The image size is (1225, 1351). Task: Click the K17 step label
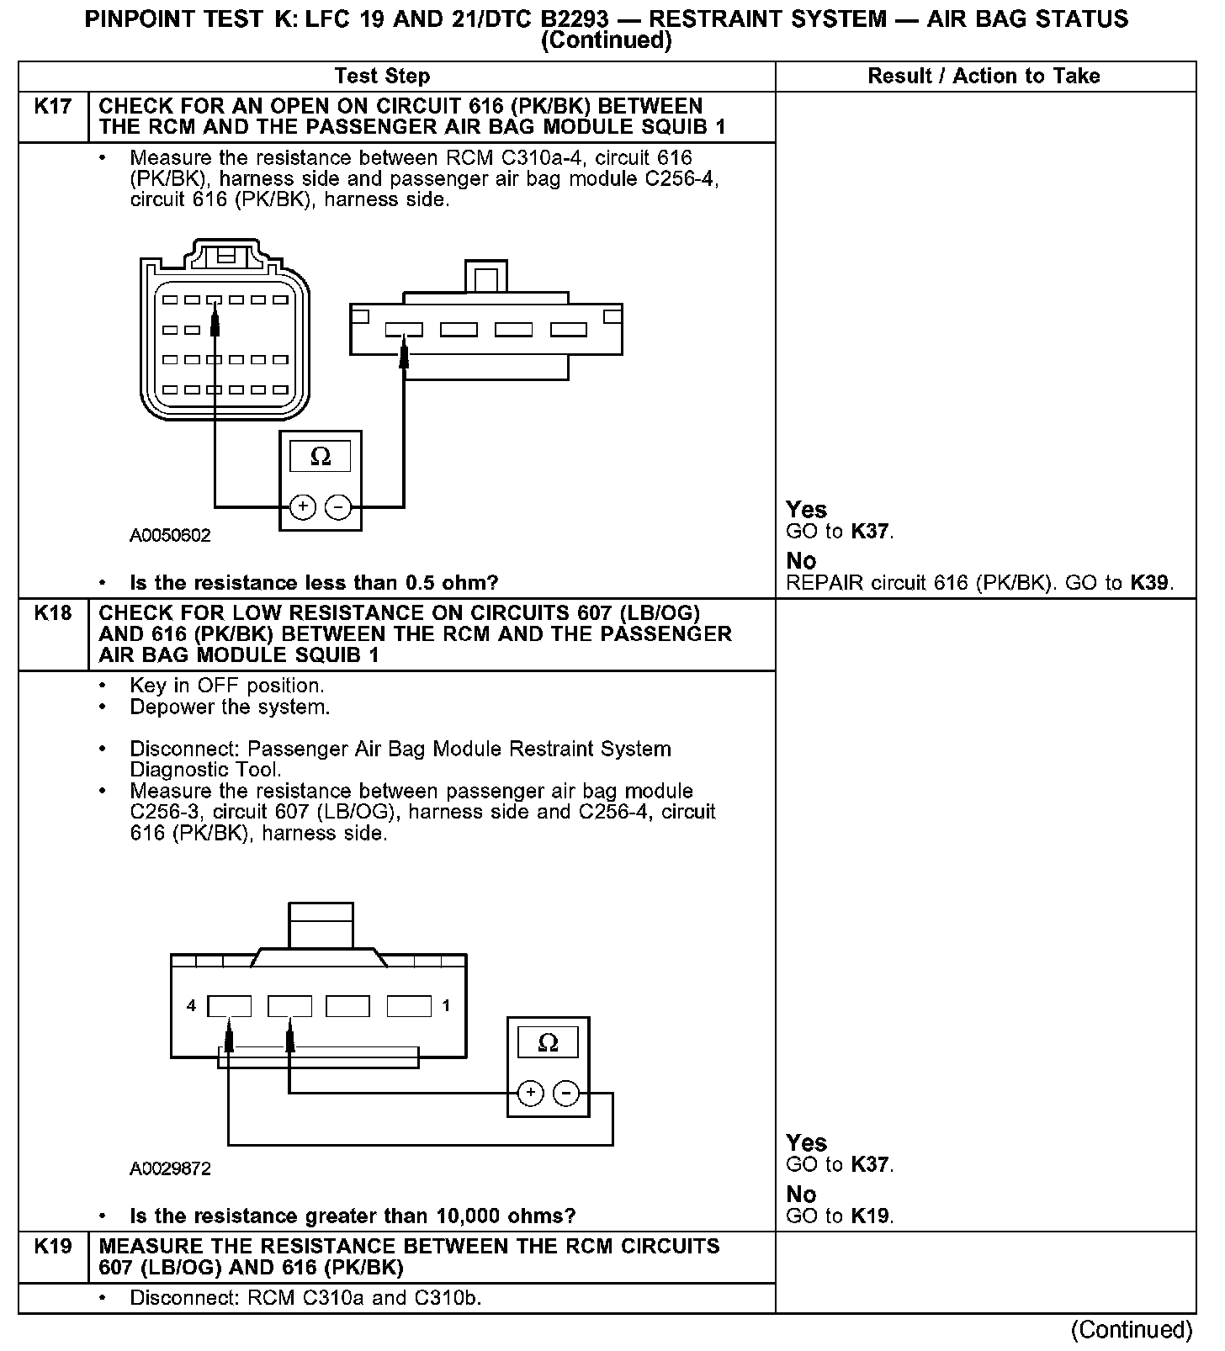53,107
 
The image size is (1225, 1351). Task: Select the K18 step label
53,613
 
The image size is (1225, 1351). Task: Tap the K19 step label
53,1247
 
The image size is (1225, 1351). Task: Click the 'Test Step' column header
382,77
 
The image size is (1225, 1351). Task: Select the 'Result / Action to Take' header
984,77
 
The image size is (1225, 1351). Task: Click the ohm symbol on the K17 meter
321,457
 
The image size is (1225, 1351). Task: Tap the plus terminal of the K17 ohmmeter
302,507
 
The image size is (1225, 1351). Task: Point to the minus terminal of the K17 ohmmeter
337,507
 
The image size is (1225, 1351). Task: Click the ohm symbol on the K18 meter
548,1043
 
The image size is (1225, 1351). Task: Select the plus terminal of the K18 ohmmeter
530,1093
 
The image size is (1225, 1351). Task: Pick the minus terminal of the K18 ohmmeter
566,1093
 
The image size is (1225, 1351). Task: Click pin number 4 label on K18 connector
192,1006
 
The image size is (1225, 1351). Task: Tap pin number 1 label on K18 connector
446,1006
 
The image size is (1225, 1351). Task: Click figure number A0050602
170,536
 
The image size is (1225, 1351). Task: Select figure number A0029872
170,1169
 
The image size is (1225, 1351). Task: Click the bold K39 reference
1150,583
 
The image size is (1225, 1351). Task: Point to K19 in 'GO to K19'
871,1216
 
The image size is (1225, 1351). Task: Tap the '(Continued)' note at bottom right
1132,1330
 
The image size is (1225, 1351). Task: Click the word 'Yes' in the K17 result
806,510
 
